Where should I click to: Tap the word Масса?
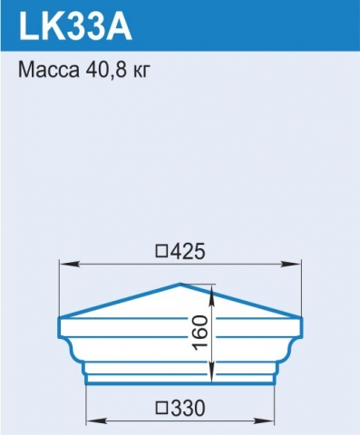tap(48, 70)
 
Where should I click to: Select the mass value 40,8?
tap(105, 71)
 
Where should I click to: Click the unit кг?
tap(141, 72)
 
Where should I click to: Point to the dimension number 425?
tap(188, 252)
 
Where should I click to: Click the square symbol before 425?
tap(161, 252)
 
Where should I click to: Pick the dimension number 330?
tap(188, 409)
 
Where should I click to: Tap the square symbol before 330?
tap(161, 409)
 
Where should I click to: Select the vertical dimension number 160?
tap(200, 333)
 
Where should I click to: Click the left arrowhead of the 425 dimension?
tap(70, 264)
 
